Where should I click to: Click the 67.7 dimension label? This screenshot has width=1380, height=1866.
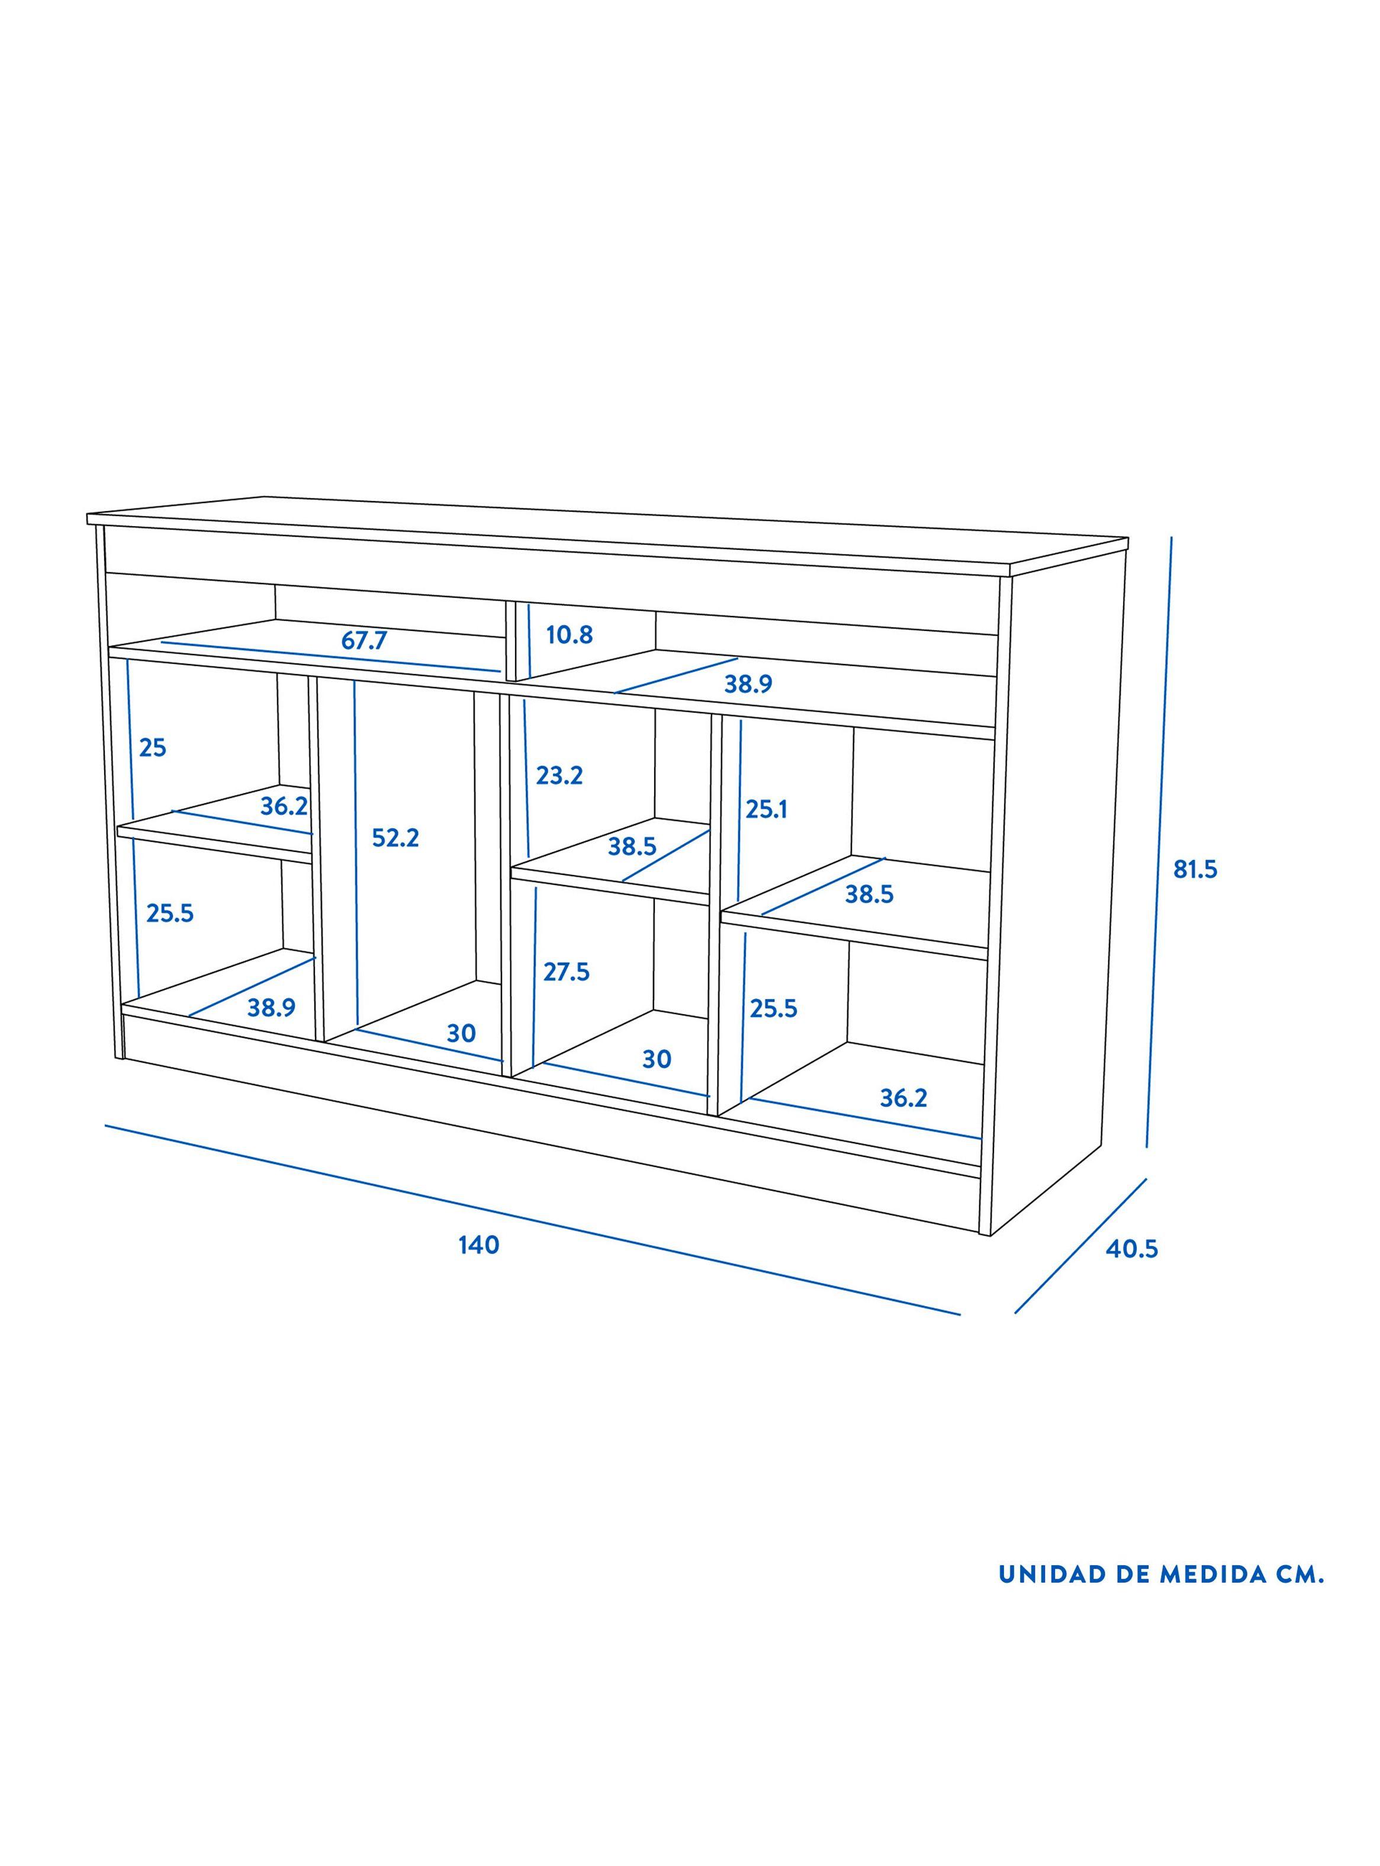coord(364,641)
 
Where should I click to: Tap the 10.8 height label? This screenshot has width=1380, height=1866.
coord(570,635)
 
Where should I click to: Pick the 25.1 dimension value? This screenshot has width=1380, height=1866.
coord(766,809)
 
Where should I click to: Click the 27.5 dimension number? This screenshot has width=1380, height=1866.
coord(567,972)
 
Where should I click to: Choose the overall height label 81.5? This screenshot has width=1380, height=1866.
coord(1195,869)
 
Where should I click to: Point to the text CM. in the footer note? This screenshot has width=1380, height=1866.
coord(1300,1575)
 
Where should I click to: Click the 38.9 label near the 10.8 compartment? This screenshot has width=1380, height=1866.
coord(748,684)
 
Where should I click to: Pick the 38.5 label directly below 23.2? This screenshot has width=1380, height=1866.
coord(632,847)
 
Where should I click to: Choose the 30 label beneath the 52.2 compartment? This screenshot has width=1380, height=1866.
coord(461,1034)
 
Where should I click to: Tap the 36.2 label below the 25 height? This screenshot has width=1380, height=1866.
coord(284,806)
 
